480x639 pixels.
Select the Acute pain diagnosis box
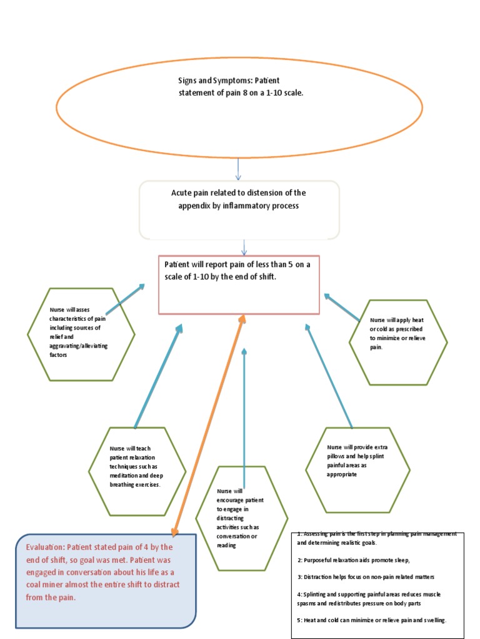pyautogui.click(x=239, y=210)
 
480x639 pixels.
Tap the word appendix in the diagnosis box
pyautogui.click(x=196, y=205)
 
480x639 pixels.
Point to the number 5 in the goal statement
pyautogui.click(x=292, y=265)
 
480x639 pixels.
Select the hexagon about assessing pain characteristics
pyautogui.click(x=80, y=334)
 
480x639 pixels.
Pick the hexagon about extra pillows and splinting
pyautogui.click(x=357, y=469)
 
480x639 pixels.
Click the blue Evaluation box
pyautogui.click(x=106, y=580)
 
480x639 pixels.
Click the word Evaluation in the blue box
pyautogui.click(x=45, y=546)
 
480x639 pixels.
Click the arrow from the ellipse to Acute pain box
pyautogui.click(x=239, y=168)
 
